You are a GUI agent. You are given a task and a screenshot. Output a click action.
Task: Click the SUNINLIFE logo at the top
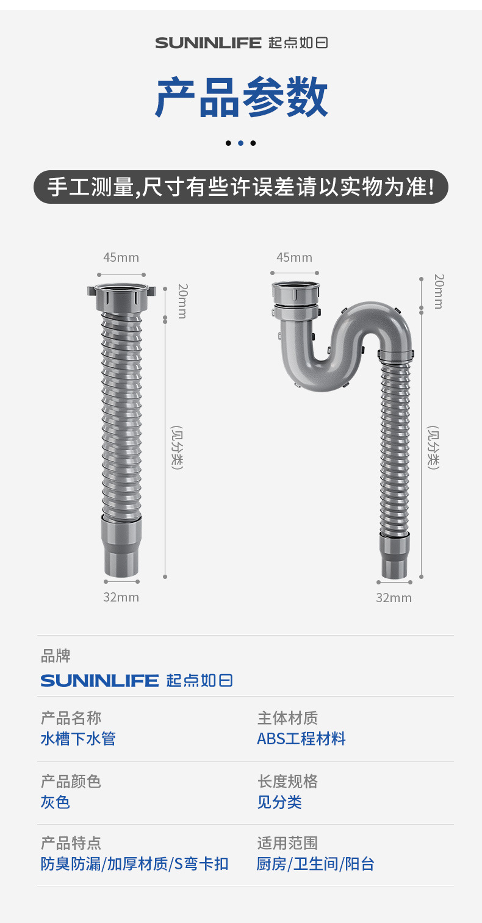tap(241, 43)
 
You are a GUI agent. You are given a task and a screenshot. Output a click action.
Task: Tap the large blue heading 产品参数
tap(241, 97)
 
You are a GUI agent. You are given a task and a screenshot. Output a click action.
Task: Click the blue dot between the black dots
tap(241, 143)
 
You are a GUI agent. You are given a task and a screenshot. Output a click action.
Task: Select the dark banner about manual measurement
tap(241, 187)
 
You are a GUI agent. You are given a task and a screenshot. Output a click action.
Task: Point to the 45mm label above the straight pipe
tap(121, 257)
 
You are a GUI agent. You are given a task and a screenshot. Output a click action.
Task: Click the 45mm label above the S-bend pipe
tap(294, 257)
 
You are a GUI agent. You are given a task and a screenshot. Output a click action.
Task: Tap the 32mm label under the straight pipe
tap(121, 597)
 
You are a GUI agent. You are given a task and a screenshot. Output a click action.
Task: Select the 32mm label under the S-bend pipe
tap(394, 597)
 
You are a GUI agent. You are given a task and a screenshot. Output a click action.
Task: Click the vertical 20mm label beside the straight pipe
tap(182, 301)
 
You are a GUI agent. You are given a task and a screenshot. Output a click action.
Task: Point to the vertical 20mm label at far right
tap(439, 292)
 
